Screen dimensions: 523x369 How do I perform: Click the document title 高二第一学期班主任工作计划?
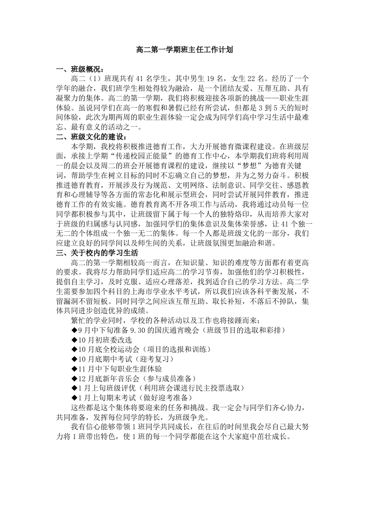pyautogui.click(x=184, y=49)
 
